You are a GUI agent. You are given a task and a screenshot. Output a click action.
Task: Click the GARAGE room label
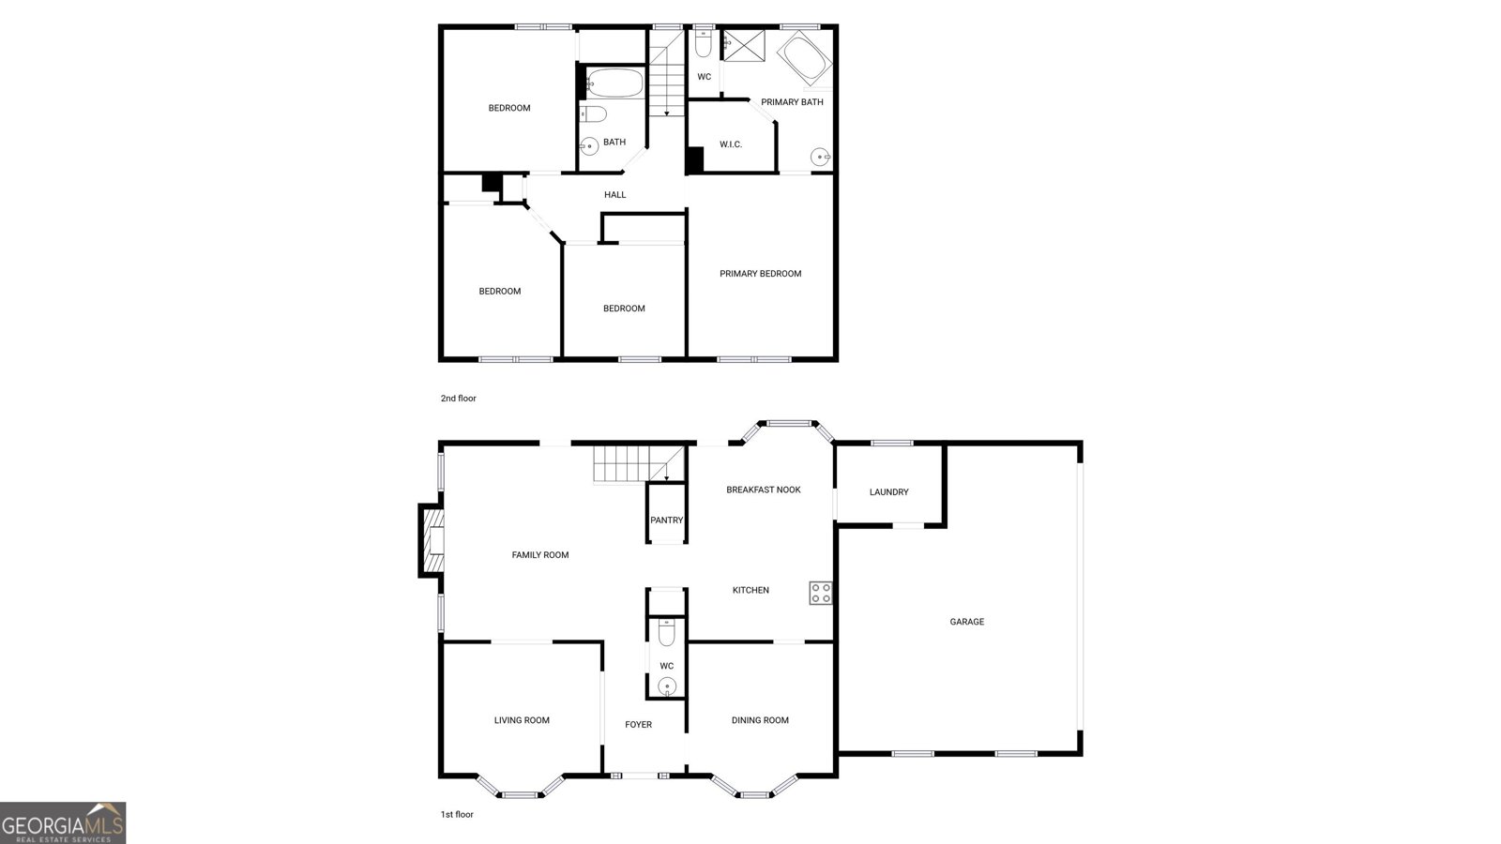coord(967,622)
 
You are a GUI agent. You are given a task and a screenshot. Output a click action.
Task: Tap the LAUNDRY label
coord(889,491)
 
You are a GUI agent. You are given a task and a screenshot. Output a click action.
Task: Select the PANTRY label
coord(667,520)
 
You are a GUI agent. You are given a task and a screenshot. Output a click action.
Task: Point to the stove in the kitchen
coord(821,593)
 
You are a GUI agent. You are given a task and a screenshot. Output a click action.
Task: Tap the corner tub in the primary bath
coord(804,58)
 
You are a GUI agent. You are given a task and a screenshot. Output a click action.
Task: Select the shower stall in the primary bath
coord(743,46)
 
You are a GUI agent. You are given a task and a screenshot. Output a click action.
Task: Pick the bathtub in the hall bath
coord(614,83)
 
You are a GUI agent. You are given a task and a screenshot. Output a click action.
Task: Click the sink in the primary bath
coord(821,157)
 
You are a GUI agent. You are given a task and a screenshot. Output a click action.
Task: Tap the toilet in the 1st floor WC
coord(666,632)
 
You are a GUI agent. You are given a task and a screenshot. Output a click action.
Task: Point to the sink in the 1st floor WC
coord(667,686)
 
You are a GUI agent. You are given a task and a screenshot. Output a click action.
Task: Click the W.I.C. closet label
coord(731,144)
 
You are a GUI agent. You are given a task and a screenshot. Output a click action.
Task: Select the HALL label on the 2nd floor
coord(615,195)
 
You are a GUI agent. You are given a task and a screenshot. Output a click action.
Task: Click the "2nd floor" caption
coord(459,398)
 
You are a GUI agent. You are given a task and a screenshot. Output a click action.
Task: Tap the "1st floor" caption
coord(457,815)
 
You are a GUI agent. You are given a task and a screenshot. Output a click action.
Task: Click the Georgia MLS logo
coord(62,822)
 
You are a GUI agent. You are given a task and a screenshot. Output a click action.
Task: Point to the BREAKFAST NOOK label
coord(764,490)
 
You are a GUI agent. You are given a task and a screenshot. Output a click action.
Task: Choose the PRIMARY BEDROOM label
coord(761,273)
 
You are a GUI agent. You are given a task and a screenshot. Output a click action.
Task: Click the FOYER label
coord(639,724)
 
